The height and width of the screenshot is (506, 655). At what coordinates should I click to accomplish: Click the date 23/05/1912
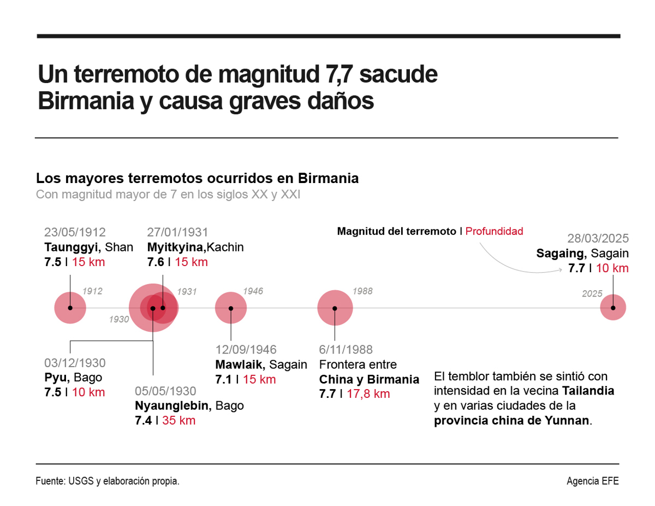[75, 232]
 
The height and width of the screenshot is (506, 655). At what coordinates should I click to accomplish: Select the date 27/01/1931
[177, 232]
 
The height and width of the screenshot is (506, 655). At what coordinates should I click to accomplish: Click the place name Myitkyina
[175, 247]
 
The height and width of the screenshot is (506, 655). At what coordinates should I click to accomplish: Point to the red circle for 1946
[231, 308]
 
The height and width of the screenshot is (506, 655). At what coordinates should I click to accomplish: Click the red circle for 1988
[335, 308]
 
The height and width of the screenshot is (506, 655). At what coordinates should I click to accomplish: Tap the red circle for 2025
[613, 308]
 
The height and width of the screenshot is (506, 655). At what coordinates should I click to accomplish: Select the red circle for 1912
[70, 308]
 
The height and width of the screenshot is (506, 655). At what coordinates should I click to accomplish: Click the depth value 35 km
[178, 420]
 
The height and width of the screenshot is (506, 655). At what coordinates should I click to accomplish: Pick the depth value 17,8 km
[368, 393]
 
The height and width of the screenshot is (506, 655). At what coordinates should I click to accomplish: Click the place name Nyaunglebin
[172, 406]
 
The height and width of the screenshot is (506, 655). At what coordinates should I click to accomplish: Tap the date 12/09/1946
[246, 350]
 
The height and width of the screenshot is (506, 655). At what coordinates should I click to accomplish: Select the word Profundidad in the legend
[494, 231]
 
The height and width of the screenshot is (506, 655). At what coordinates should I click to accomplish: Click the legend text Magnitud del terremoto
[396, 231]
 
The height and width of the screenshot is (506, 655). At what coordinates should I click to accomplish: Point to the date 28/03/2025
[598, 239]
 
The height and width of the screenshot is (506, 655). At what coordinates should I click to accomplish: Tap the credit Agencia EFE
[592, 481]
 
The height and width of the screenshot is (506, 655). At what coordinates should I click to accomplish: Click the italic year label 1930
[118, 319]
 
